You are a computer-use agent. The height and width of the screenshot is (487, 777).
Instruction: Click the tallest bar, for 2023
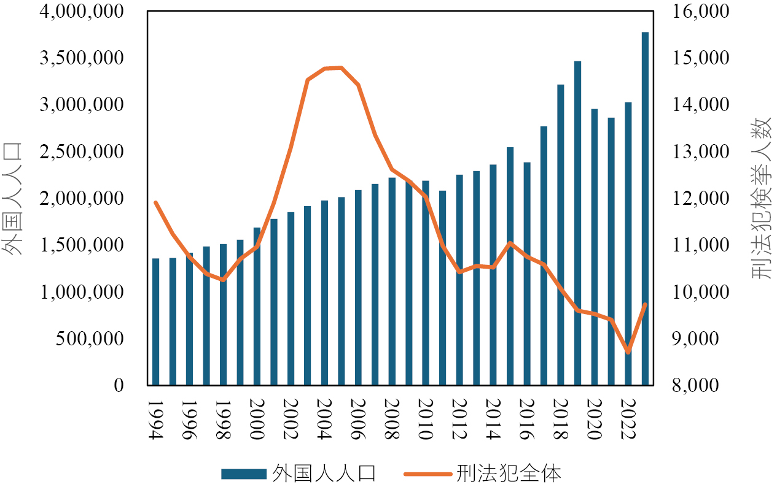[645, 209]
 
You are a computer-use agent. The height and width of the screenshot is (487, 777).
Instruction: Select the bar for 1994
[156, 322]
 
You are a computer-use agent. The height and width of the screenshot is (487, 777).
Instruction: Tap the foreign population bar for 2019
[577, 223]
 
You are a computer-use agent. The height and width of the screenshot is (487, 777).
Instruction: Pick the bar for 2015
[510, 266]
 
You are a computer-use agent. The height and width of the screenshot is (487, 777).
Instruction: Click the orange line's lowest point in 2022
[628, 352]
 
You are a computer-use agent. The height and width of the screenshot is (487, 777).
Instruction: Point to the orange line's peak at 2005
[342, 67]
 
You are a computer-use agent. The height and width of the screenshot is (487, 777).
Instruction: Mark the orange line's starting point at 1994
[156, 202]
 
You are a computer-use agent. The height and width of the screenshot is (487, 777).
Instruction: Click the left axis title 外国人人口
[12, 198]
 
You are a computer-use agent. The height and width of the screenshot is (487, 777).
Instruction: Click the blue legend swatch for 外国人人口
[243, 474]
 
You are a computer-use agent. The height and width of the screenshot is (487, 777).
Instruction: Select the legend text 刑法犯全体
[509, 474]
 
